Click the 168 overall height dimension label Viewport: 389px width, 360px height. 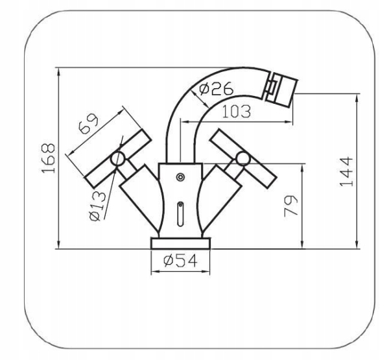pos(48,158)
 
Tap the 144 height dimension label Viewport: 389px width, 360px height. pos(346,171)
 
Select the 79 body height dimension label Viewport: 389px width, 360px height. pos(290,206)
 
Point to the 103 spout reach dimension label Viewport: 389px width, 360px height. pos(237,111)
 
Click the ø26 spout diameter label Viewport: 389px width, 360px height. pos(217,88)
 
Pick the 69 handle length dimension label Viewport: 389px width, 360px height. pos(88,123)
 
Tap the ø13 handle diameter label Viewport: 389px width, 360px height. pos(97,206)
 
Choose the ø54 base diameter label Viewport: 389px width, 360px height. pos(180,261)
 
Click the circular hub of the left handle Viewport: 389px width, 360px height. pos(117,159)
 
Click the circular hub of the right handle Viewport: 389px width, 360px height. pos(242,158)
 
